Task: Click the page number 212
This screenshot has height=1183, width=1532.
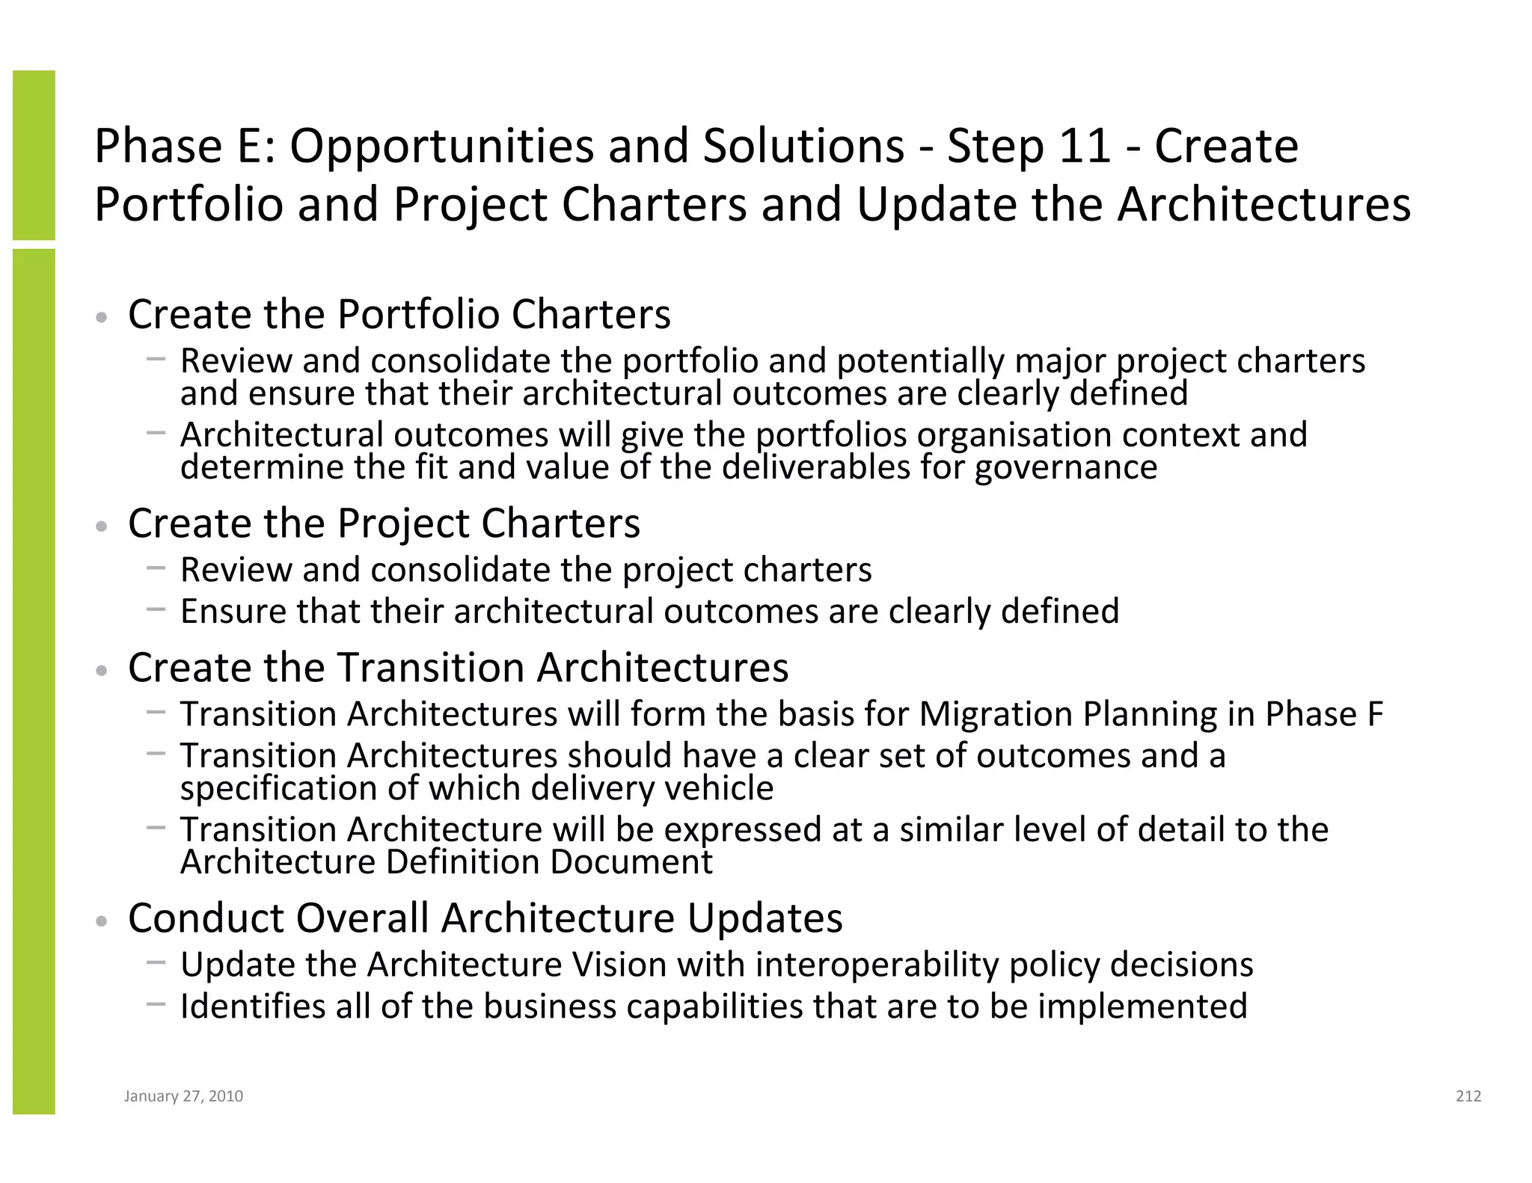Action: point(1468,1096)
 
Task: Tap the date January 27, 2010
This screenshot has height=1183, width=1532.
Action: point(183,1096)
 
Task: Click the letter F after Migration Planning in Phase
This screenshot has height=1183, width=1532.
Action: point(1375,714)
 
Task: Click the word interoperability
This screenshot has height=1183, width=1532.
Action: point(877,965)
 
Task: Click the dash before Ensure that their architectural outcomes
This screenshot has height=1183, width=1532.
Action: point(156,609)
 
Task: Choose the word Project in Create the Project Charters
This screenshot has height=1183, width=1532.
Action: point(403,523)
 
